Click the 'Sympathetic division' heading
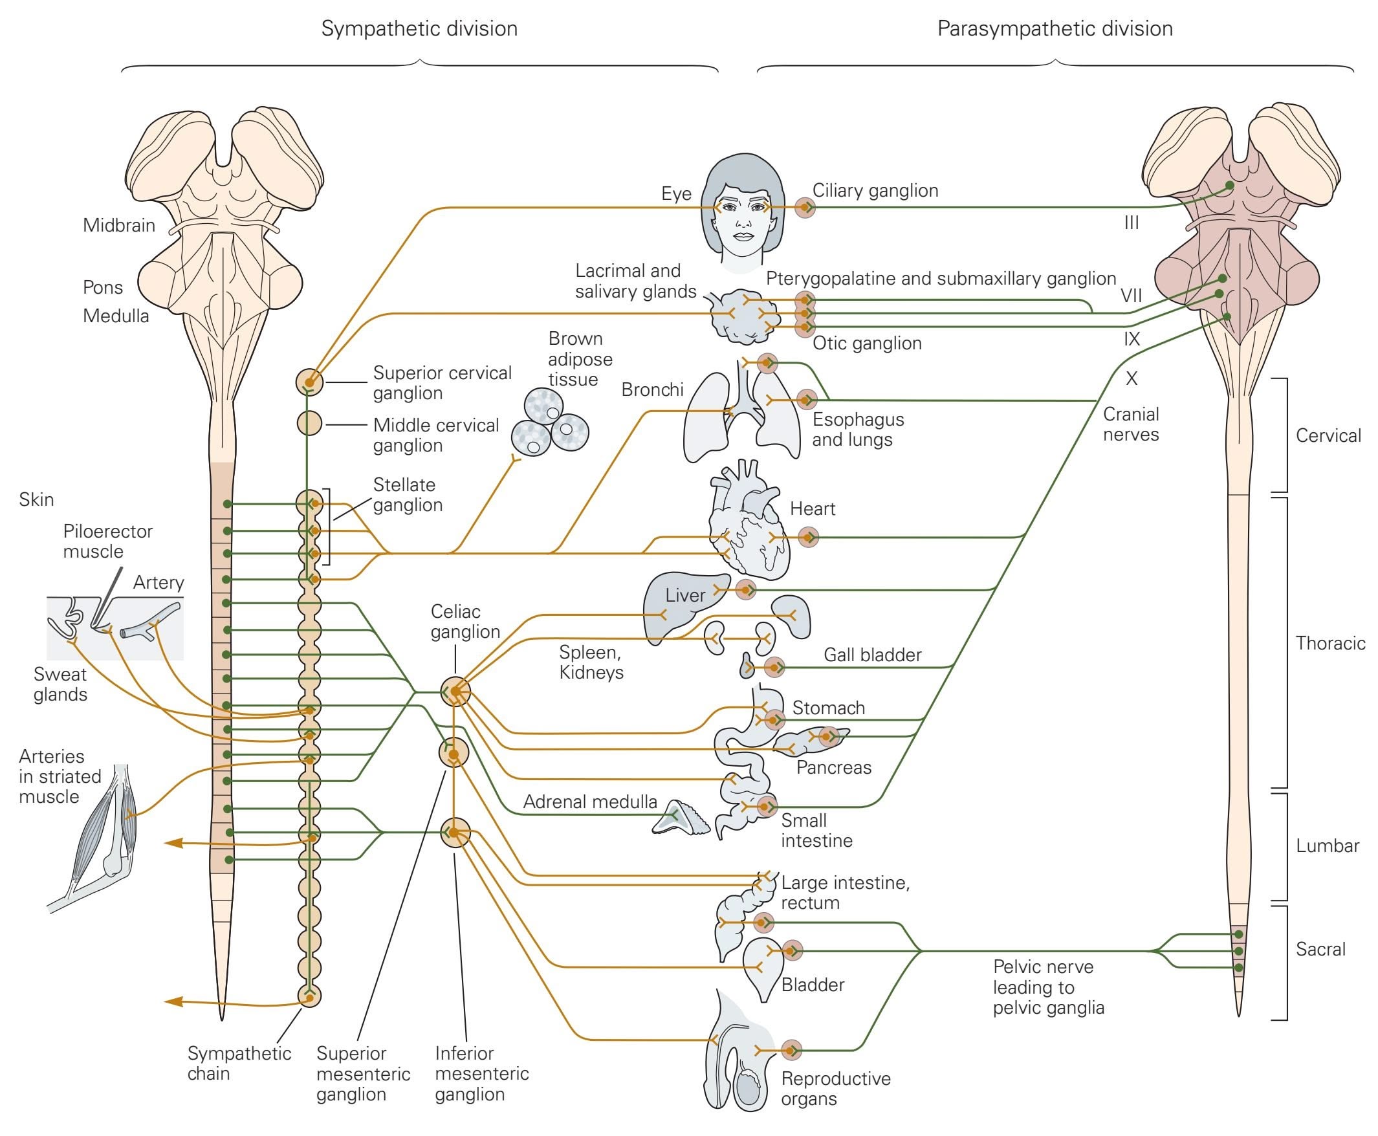click(419, 29)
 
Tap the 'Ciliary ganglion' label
click(875, 190)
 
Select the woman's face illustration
click(743, 213)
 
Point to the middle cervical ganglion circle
click(309, 423)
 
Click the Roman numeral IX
click(1132, 339)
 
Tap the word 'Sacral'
click(1320, 949)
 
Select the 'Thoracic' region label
click(1330, 643)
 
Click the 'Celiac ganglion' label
click(465, 622)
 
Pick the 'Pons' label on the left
click(103, 287)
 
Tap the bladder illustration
click(763, 968)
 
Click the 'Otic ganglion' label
click(867, 343)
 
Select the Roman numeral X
click(1132, 378)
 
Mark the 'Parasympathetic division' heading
click(1055, 29)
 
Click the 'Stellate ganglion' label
click(408, 495)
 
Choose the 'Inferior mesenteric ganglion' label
click(481, 1073)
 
